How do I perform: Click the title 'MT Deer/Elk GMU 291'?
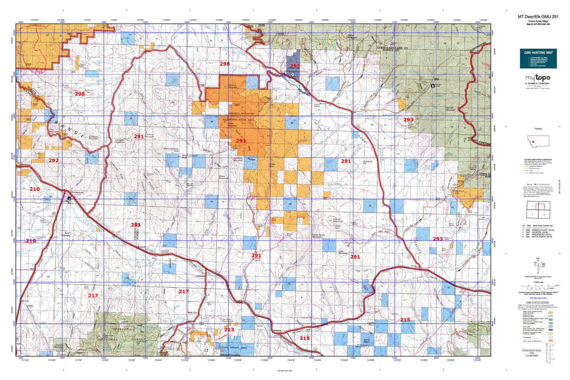[538, 17]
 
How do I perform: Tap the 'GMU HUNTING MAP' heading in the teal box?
[538, 52]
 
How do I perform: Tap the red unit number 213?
[229, 329]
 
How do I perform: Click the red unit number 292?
[54, 160]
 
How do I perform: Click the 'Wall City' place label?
[192, 313]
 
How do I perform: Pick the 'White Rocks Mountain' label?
[319, 236]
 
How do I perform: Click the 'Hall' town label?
[32, 269]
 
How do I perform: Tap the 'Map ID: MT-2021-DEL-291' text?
[538, 24]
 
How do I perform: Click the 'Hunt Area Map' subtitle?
[538, 21]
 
